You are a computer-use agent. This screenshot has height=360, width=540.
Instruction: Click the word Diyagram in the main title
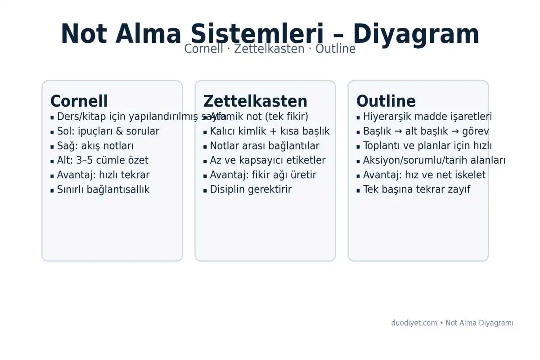[416, 34]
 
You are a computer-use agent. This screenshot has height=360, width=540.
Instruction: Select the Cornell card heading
[79, 101]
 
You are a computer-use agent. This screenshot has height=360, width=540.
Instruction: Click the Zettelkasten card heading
[255, 101]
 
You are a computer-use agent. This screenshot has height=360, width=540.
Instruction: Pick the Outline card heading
[386, 101]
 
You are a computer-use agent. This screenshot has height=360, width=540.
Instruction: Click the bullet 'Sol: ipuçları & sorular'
[108, 131]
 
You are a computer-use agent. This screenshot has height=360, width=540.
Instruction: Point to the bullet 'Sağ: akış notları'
[95, 146]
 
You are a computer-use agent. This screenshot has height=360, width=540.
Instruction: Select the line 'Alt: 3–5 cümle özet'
[103, 160]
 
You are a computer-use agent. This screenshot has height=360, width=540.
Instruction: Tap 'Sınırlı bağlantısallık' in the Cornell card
[103, 189]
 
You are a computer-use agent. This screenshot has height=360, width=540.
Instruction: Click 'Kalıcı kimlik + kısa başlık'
[270, 131]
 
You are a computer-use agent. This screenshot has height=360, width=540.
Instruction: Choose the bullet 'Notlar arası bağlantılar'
[265, 146]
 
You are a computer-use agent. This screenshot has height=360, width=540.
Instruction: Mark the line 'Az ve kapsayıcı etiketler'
[268, 160]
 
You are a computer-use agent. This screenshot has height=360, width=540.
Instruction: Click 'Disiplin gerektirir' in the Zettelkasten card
[251, 189]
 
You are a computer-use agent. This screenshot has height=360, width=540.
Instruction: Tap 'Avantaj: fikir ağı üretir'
[263, 175]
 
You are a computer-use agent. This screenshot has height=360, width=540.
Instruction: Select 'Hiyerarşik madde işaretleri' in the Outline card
[427, 117]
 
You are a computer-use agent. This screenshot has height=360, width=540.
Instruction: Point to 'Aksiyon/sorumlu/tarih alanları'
[434, 160]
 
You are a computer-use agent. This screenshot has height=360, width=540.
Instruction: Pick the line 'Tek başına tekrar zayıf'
[416, 189]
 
